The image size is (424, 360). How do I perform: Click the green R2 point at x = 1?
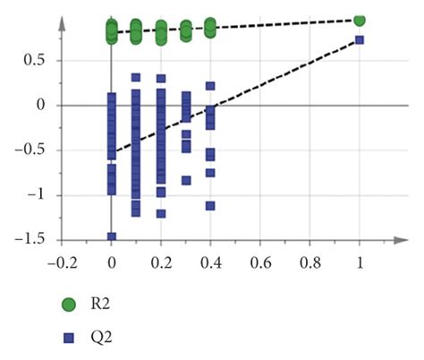point(360,20)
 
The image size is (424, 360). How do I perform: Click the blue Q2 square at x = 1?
point(360,40)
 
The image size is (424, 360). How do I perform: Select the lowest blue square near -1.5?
point(112,236)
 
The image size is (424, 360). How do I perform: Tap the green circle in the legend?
point(67,304)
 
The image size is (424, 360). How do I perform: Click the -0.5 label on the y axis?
point(32,150)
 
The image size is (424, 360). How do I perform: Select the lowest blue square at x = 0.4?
point(210,205)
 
